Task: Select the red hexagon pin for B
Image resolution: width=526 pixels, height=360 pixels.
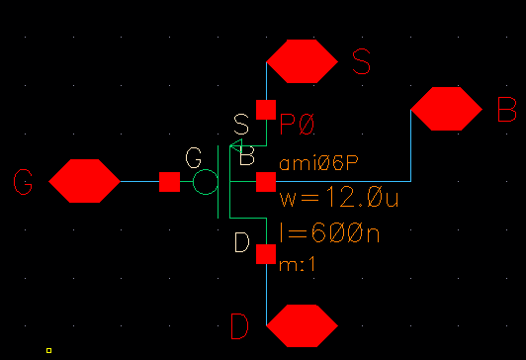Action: point(446,109)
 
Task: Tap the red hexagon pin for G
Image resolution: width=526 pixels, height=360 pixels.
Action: point(84,182)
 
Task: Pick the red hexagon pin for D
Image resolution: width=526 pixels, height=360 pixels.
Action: point(304,325)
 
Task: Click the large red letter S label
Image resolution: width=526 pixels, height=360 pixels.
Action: point(362,61)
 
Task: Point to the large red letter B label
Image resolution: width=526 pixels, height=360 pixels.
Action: point(506,109)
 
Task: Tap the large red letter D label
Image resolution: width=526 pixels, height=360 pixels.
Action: point(239,325)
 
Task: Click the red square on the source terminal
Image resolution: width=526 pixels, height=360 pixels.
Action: point(266,109)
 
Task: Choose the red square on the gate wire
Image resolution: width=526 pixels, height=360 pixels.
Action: point(170,182)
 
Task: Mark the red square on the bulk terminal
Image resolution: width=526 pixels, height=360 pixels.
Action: point(266,182)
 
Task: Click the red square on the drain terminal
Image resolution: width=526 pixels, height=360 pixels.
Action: point(266,254)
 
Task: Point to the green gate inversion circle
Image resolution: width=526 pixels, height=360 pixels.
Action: point(205,182)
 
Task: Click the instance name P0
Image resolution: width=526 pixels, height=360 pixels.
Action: point(297,126)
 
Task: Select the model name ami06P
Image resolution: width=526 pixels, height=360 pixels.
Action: point(311,161)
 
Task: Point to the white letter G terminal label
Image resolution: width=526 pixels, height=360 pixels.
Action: point(194,157)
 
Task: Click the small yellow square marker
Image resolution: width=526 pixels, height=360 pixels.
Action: point(48,350)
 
